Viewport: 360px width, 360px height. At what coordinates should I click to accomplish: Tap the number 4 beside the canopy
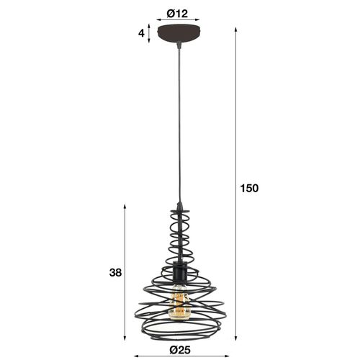pos(142,33)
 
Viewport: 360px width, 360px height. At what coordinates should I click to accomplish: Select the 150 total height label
pos(249,188)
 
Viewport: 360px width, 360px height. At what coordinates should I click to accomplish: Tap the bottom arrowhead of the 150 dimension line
pos(237,338)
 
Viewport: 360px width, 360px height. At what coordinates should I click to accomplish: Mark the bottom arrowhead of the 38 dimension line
pos(127,338)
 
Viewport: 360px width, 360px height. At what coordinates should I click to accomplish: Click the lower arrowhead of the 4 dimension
pos(150,41)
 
